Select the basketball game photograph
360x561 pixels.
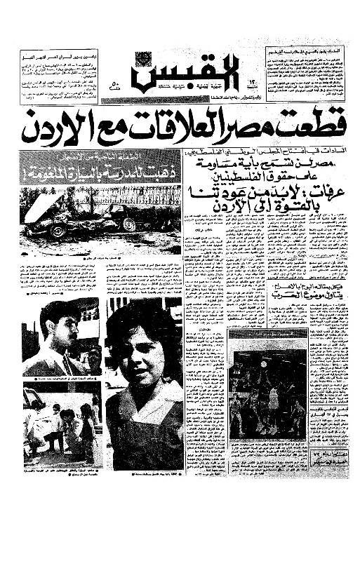click(x=267, y=393)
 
